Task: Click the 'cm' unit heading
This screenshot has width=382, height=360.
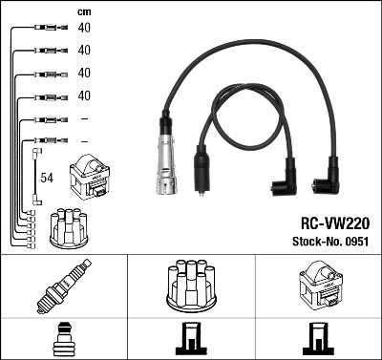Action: (x=84, y=11)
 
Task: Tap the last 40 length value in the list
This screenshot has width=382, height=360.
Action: (x=84, y=95)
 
